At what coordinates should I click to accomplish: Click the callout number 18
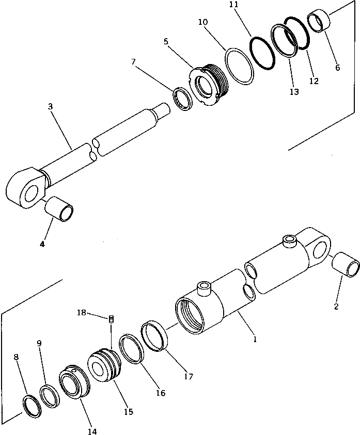point(81,313)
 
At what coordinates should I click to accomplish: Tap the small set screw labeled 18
point(111,320)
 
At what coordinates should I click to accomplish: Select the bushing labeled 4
point(59,211)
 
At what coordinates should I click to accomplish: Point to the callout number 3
point(51,107)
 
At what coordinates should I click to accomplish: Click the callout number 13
point(294,92)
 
